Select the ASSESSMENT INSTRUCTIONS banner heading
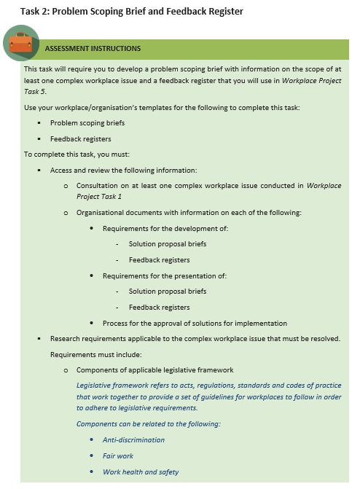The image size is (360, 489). click(x=93, y=49)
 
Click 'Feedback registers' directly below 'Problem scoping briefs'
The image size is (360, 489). click(x=80, y=138)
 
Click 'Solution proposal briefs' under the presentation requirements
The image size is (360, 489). click(x=168, y=292)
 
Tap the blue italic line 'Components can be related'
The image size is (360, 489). click(x=149, y=423)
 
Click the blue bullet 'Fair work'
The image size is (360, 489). click(x=117, y=455)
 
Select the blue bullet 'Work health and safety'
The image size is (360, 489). click(x=141, y=472)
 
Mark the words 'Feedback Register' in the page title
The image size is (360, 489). click(x=203, y=11)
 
